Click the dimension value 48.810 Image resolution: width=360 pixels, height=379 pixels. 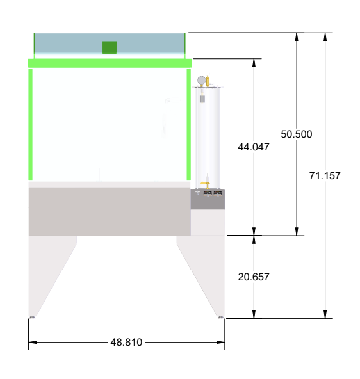coord(126,343)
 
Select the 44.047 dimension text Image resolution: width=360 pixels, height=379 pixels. coord(254,147)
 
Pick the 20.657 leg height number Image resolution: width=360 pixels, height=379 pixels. coord(254,277)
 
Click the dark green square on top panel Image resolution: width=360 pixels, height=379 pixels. coord(110,47)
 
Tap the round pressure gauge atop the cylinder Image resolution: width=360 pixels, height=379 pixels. coord(202,80)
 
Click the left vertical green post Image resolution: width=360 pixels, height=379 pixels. coord(30,124)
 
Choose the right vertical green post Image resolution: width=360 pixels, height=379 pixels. coord(188,124)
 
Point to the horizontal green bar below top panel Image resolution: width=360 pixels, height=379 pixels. coord(110,63)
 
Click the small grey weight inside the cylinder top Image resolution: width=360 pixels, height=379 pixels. coord(202,99)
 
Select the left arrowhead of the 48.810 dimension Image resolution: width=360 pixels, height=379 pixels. coord(32,343)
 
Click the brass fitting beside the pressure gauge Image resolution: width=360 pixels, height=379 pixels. coord(208,81)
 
